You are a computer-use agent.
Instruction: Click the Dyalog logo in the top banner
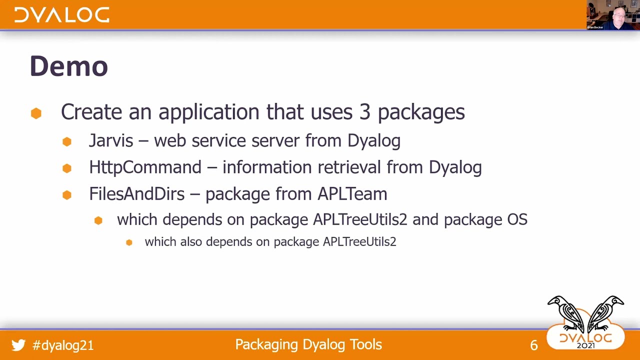61,15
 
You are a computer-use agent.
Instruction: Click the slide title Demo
69,66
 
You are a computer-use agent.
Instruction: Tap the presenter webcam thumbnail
613,15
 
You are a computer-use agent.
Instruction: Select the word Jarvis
111,141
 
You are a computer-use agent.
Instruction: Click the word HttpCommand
145,167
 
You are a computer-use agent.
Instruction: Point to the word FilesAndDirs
137,193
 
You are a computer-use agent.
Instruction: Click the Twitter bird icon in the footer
18,345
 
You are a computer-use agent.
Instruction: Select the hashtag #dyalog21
63,345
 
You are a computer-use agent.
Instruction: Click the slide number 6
534,345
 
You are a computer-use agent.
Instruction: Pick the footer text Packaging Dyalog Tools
308,344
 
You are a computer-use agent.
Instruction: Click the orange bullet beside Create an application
36,113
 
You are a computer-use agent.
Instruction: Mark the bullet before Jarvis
67,142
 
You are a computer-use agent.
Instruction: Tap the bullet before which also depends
129,242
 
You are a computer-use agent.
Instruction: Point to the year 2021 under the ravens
585,345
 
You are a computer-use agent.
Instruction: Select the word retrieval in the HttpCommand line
345,167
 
